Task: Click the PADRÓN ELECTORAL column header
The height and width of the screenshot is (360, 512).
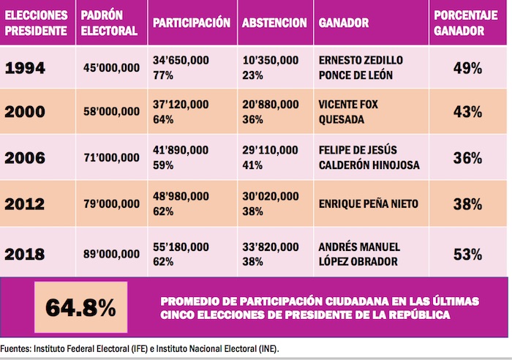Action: [x=108, y=23]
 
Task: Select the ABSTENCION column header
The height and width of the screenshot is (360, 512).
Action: [x=274, y=23]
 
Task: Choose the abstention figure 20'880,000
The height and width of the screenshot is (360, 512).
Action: [x=270, y=105]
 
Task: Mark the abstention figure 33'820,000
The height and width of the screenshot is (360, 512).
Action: [x=270, y=247]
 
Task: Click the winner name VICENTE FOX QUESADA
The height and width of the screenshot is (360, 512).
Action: [x=349, y=112]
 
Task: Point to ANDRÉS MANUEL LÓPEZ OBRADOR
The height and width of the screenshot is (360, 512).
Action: [x=358, y=254]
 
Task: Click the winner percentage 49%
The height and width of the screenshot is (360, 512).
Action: [x=467, y=68]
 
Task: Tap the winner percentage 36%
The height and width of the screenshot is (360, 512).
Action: [x=467, y=157]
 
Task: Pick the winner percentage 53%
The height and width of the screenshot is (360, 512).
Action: [x=467, y=255]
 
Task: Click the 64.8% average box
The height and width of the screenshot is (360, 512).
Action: [x=80, y=307]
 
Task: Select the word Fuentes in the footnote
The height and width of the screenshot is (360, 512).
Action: [x=15, y=348]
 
